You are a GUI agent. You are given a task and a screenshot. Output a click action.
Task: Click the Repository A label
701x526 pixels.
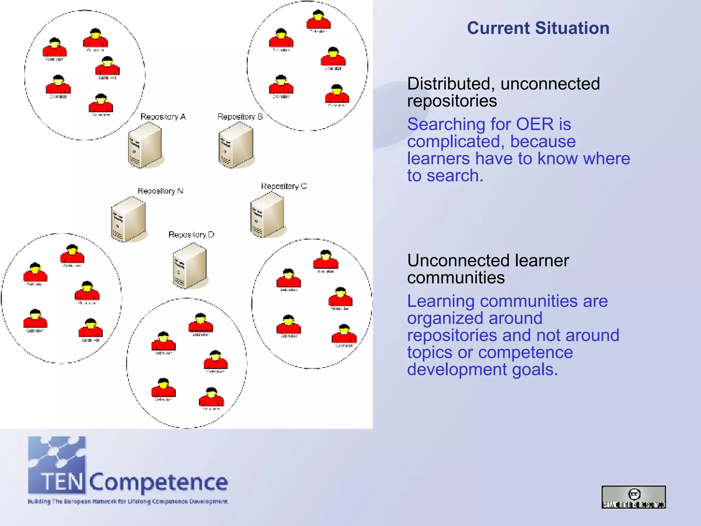163,117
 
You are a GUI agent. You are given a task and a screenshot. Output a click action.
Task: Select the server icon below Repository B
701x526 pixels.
236,145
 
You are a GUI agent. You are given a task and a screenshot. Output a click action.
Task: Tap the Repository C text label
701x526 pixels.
284,186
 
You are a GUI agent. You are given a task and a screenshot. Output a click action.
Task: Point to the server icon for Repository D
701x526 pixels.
190,266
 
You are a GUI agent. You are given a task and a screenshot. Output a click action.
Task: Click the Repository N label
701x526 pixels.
161,191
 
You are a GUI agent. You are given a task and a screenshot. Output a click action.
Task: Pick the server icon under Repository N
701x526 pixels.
129,219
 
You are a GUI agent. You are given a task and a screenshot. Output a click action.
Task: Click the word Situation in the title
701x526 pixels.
572,28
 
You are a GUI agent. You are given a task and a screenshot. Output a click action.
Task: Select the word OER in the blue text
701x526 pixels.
535,124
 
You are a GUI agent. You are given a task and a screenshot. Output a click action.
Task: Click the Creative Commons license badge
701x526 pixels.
634,497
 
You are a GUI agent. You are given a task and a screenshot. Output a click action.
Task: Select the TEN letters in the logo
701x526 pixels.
62,481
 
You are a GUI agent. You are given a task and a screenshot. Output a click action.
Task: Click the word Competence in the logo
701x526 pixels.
158,482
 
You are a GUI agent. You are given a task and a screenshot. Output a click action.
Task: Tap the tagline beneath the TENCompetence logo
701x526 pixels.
128,502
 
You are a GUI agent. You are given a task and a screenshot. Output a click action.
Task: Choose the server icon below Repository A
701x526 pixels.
145,145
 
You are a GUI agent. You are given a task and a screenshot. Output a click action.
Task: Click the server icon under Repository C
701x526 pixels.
268,215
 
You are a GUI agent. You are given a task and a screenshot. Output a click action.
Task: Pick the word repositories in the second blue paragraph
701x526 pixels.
452,335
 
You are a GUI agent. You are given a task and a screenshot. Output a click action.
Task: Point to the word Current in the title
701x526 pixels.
498,28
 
